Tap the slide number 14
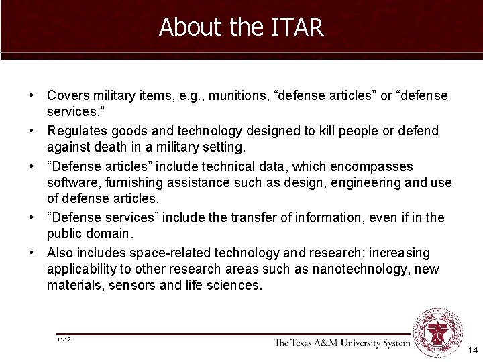(x=472, y=350)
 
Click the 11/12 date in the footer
(x=64, y=340)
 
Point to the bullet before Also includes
(x=32, y=253)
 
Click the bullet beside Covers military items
(x=32, y=96)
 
